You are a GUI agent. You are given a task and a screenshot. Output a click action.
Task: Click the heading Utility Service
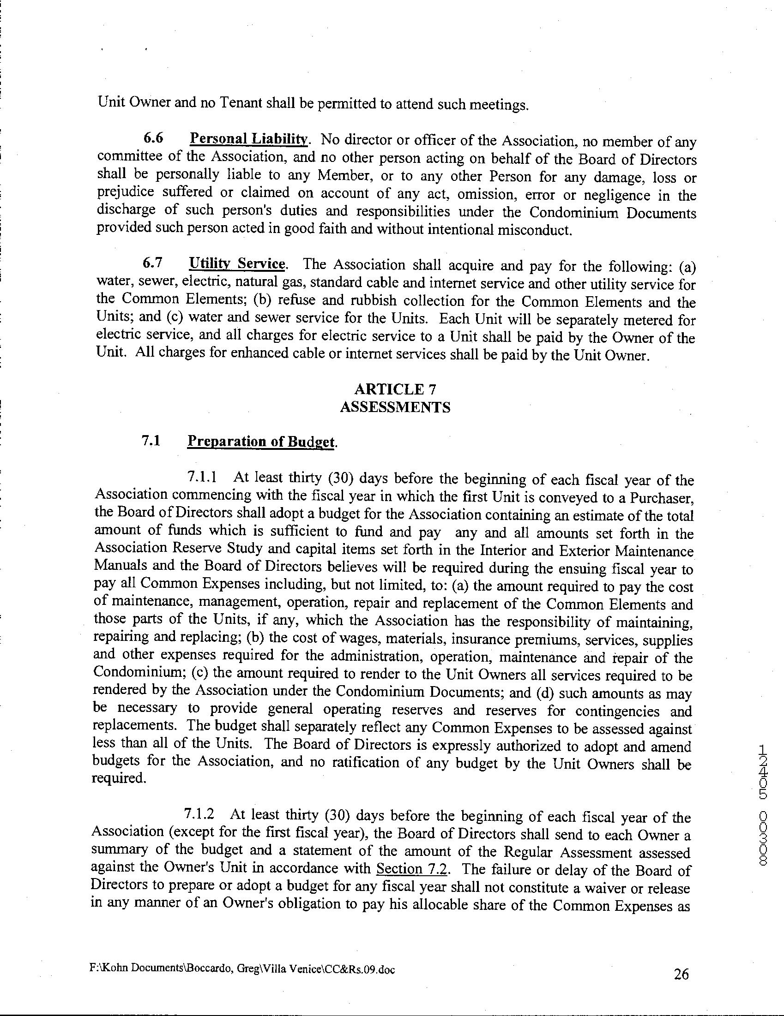(236, 264)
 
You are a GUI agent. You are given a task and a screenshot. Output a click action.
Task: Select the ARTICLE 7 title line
(395, 389)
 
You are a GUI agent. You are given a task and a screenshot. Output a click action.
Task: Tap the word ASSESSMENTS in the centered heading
(395, 407)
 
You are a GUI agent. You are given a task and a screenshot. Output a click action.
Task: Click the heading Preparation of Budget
(260, 441)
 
